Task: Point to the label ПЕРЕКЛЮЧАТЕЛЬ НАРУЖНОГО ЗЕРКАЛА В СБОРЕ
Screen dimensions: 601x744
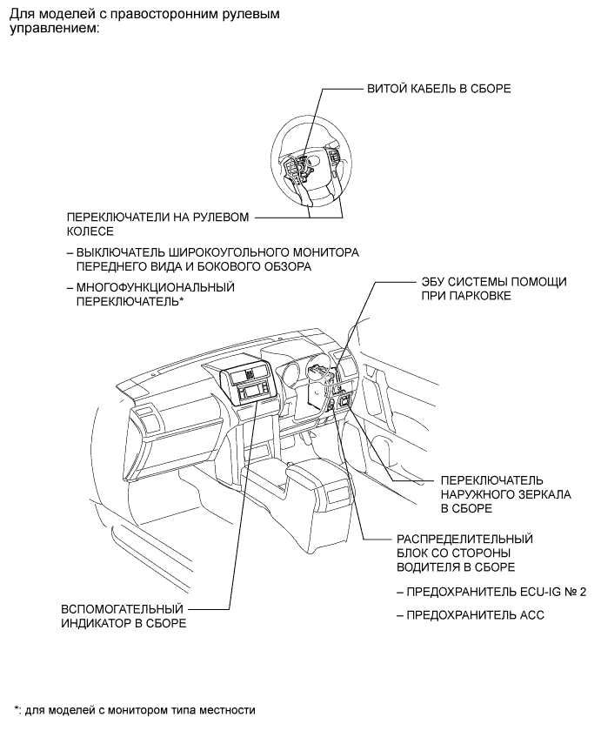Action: (x=493, y=493)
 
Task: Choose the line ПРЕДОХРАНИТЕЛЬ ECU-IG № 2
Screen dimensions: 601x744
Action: (x=491, y=592)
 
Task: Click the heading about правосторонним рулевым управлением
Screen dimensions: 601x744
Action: (x=144, y=21)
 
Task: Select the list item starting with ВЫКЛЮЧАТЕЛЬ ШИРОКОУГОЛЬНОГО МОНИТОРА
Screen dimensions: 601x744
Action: (x=213, y=258)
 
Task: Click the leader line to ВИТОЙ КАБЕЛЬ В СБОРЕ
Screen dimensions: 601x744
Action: (x=344, y=89)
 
